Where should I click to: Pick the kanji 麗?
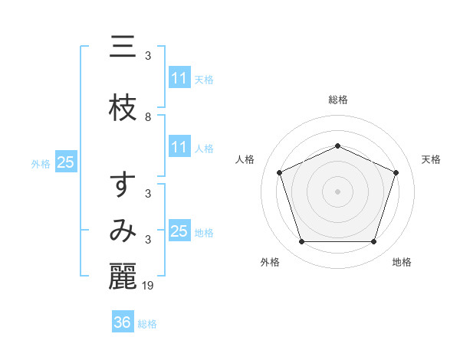(x=123, y=277)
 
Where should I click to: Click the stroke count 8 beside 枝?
(x=148, y=117)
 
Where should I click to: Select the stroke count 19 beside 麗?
(x=149, y=286)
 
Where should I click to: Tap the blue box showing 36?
(x=123, y=322)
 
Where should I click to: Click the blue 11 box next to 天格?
(x=179, y=78)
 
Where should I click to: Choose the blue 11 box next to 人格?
(x=179, y=147)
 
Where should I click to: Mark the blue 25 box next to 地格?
(x=179, y=231)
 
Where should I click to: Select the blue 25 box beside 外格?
(x=65, y=162)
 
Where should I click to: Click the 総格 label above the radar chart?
(x=338, y=100)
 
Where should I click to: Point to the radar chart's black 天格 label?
(x=431, y=159)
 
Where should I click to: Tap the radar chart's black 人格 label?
(x=245, y=159)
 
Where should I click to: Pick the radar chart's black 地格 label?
(x=402, y=262)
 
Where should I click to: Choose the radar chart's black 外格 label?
(x=270, y=262)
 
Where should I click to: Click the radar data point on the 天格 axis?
(x=396, y=172)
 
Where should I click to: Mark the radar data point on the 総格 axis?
(x=338, y=146)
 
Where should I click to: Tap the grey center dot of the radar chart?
(x=338, y=191)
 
